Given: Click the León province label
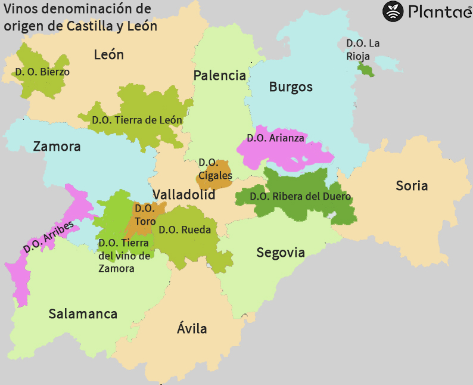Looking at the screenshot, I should tap(109, 55).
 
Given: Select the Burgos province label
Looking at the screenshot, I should tap(291, 87).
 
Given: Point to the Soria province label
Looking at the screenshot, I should tap(412, 186).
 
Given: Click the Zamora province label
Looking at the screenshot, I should tap(57, 147).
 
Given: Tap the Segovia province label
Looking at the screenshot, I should tap(281, 253).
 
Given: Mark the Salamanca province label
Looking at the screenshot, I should tap(83, 314).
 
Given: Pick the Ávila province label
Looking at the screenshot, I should tap(192, 328).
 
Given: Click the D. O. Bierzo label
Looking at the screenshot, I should tap(42, 72).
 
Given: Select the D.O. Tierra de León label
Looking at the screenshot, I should tap(137, 120).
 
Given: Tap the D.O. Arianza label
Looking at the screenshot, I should tap(275, 138).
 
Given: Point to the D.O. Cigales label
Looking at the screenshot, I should tap(214, 169).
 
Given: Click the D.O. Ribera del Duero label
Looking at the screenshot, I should tap(300, 197).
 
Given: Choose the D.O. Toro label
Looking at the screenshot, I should tap(145, 215).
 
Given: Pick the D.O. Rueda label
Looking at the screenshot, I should tap(185, 229).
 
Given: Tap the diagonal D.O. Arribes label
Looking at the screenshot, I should tap(49, 237).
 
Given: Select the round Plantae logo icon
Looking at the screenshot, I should tap(393, 11).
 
